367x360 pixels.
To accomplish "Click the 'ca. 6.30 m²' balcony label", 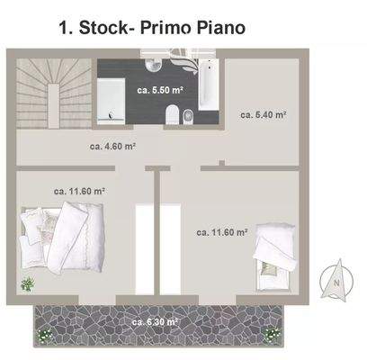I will coord(154,321).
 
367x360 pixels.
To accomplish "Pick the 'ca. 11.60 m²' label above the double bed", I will coord(79,191).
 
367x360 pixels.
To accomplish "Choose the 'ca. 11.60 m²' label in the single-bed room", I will coord(221,232).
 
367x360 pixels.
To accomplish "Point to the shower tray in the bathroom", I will coord(112,98).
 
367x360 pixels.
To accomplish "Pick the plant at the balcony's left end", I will coord(42,335).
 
